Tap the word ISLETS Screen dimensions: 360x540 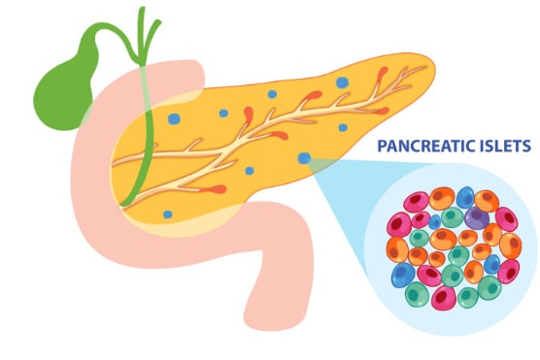(501, 147)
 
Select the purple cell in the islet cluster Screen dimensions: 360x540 (476, 217)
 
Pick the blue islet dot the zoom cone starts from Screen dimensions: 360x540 (305, 157)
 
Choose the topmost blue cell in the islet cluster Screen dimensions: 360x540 (465, 196)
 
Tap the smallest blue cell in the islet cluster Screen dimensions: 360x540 (434, 221)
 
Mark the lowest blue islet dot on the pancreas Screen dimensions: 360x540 (168, 214)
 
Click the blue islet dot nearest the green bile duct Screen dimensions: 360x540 (174, 118)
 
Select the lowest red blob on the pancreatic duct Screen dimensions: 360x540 (219, 188)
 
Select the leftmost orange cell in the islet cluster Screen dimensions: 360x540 (396, 249)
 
